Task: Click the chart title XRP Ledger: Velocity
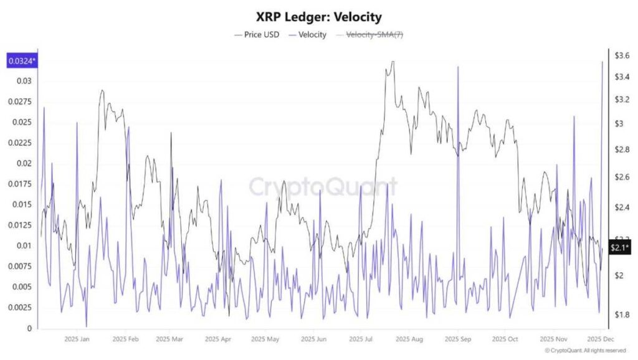click(x=319, y=16)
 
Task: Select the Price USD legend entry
click(x=256, y=35)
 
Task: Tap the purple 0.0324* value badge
click(x=21, y=61)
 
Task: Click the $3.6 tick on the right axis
click(x=622, y=56)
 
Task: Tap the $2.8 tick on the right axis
click(x=622, y=150)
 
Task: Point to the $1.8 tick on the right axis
click(x=622, y=315)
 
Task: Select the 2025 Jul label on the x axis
click(x=361, y=339)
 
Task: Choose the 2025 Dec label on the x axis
click(x=599, y=339)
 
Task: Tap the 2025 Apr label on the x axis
click(x=218, y=339)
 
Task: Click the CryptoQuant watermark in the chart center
click(x=323, y=186)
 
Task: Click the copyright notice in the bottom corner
click(x=589, y=351)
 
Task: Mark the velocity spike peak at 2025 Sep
click(x=458, y=67)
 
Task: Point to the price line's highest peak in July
click(x=391, y=62)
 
